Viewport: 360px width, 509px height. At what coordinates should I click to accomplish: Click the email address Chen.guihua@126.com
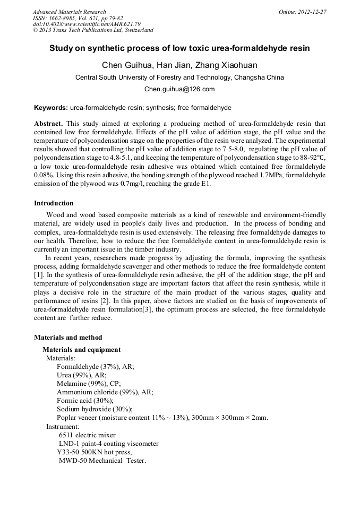(179, 89)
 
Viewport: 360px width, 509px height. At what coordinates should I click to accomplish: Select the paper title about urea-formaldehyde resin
(179, 48)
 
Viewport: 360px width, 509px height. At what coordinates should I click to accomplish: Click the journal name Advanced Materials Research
(69, 12)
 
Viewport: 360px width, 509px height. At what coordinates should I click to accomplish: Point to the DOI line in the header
(87, 24)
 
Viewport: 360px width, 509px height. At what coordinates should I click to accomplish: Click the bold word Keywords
(50, 107)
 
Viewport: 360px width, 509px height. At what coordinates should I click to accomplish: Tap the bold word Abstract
(48, 123)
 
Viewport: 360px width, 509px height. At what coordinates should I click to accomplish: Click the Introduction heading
(54, 203)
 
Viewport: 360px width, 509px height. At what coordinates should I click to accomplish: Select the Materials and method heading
(68, 337)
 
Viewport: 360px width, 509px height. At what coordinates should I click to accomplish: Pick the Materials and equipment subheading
(81, 350)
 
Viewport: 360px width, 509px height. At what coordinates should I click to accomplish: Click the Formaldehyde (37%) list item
(96, 367)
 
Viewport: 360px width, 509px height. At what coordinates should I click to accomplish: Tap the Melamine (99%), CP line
(89, 383)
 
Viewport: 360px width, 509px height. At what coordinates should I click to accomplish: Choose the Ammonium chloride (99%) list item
(105, 392)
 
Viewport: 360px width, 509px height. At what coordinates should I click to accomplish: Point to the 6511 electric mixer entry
(87, 435)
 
